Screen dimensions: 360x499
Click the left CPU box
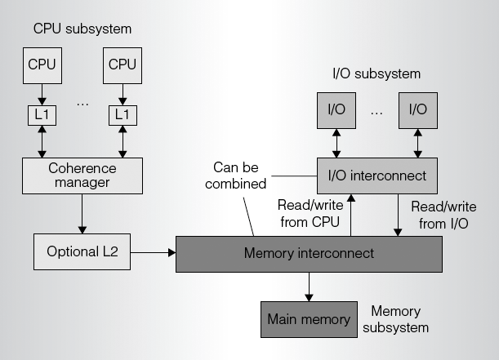coord(42,64)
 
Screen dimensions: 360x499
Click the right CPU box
coord(123,64)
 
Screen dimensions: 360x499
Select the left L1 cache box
coord(42,115)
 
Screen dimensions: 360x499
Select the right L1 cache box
coord(123,115)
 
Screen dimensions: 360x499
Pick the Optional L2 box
coord(82,252)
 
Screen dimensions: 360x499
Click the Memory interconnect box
coord(309,253)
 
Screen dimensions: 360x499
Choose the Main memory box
coord(309,319)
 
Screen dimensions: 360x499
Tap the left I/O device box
coord(336,109)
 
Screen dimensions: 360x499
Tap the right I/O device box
coord(417,109)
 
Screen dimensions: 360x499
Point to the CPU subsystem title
coord(82,29)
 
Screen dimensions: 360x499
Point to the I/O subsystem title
coord(376,73)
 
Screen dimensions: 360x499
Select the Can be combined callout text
coord(236,176)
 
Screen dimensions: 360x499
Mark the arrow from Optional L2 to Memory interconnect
coord(154,253)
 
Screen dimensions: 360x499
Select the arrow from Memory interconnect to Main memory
coord(309,285)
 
